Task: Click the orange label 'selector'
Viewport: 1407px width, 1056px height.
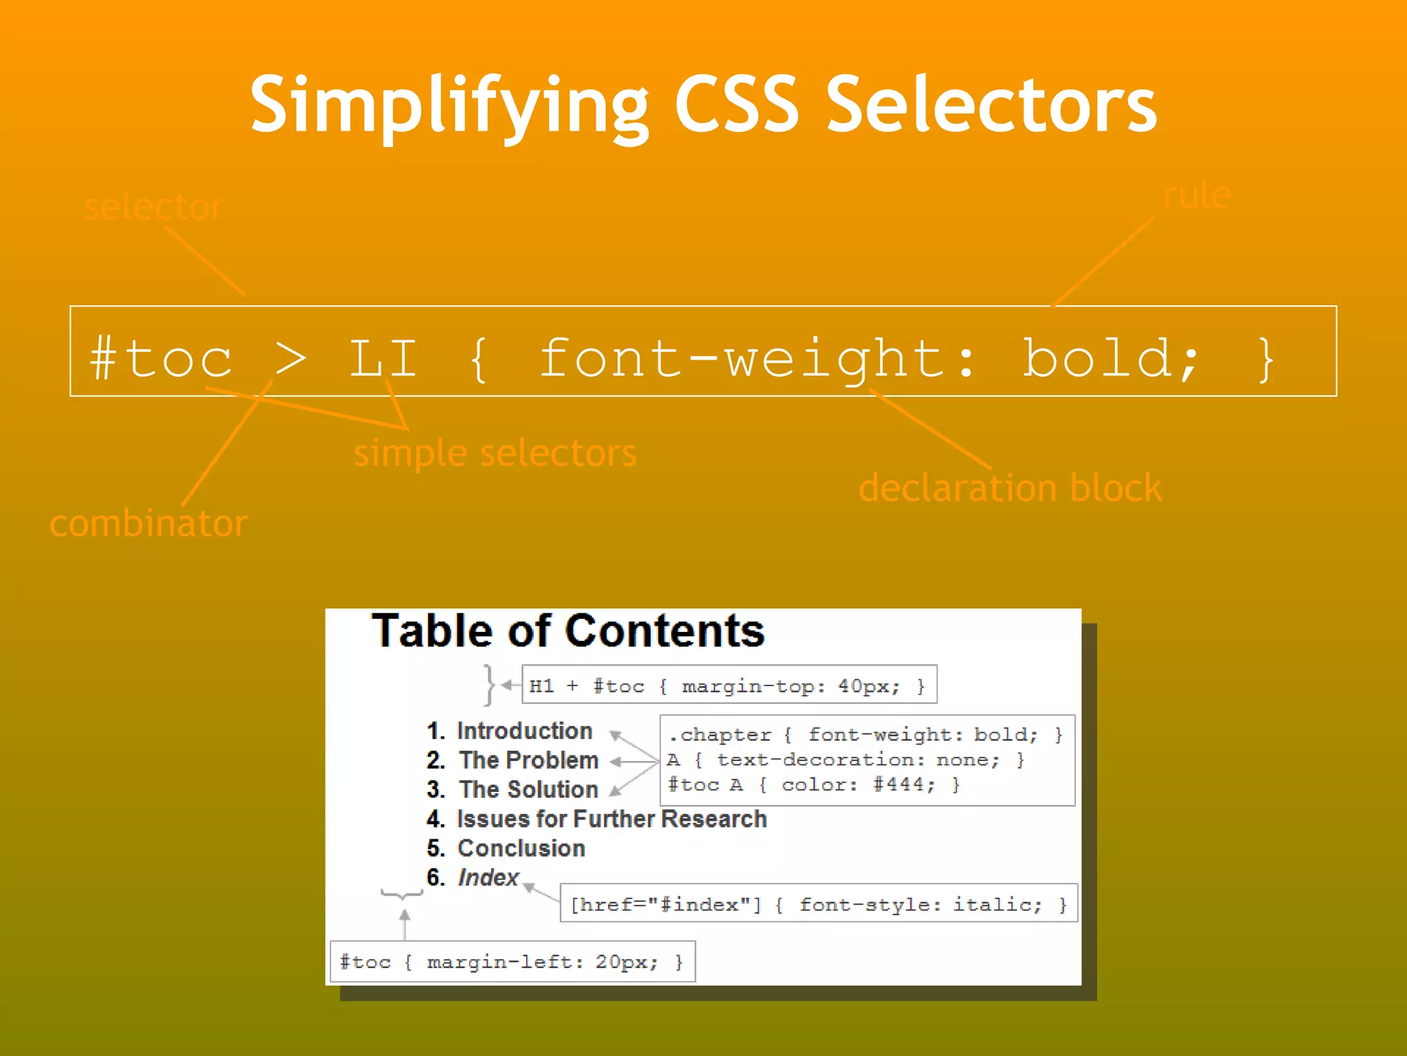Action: (x=154, y=206)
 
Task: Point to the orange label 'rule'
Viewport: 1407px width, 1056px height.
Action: (x=1196, y=196)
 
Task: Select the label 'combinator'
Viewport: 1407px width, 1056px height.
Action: (x=148, y=524)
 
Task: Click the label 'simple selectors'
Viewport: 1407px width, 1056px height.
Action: (x=495, y=454)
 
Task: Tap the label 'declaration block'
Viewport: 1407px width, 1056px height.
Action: (x=1010, y=489)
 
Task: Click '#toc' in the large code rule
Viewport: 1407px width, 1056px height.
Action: (x=162, y=359)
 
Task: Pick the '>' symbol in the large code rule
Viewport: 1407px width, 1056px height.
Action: (x=290, y=359)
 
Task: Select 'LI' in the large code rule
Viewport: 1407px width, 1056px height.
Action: (x=383, y=359)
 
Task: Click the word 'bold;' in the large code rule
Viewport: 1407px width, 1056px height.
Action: (x=1110, y=359)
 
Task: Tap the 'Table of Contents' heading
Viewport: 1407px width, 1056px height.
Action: (x=567, y=631)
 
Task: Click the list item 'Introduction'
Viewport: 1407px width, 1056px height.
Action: (x=524, y=731)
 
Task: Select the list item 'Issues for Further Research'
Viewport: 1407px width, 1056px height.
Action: (x=611, y=819)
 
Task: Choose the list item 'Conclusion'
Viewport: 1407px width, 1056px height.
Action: (x=521, y=848)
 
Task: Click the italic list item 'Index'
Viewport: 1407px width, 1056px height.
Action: (x=488, y=878)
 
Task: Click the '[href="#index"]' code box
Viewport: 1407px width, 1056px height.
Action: (x=818, y=904)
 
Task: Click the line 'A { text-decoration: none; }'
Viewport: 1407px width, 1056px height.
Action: (x=845, y=760)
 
